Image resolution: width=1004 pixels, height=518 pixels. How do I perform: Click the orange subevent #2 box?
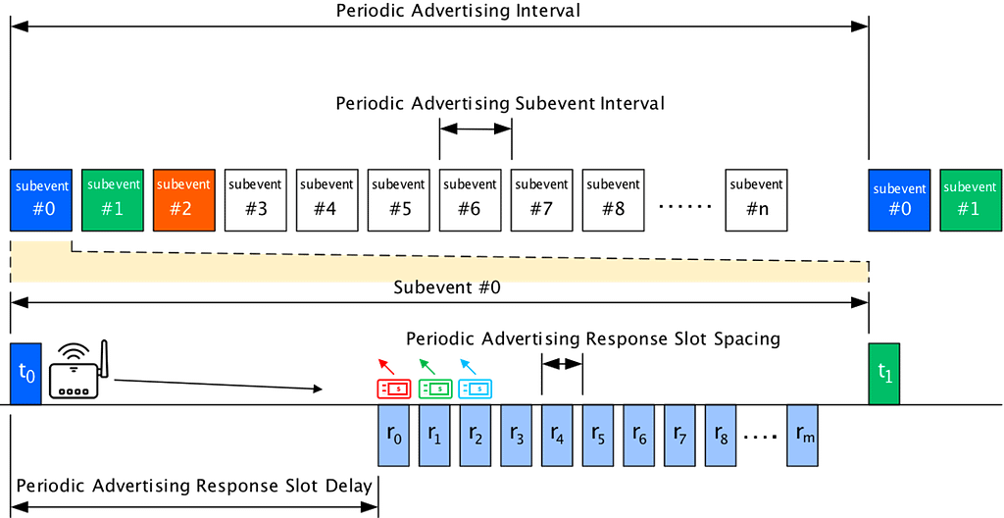tap(183, 200)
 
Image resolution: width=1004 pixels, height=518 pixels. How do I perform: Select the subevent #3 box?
tap(255, 200)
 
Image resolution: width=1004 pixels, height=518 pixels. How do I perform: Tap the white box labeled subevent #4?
tap(326, 200)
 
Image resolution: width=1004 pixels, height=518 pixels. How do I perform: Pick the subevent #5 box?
tap(398, 200)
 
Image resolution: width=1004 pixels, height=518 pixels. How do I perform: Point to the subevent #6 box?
tap(470, 200)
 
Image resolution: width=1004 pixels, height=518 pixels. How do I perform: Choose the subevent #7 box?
tap(541, 200)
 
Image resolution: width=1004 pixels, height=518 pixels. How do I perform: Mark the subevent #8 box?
tap(613, 200)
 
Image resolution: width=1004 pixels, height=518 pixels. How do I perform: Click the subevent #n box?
tap(756, 200)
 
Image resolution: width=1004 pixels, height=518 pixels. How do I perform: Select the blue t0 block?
tap(25, 374)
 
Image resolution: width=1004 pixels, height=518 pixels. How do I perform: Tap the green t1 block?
tap(883, 374)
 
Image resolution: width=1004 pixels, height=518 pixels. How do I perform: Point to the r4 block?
tap(559, 435)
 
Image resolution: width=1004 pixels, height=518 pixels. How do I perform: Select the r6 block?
tap(640, 435)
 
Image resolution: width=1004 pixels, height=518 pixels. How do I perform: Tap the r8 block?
tap(722, 435)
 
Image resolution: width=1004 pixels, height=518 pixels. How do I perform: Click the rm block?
tap(804, 435)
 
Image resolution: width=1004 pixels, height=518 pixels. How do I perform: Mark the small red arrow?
tap(386, 365)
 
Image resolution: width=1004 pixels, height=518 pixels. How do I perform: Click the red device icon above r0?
tap(394, 389)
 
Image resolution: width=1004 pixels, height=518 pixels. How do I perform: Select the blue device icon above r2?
tap(477, 389)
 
